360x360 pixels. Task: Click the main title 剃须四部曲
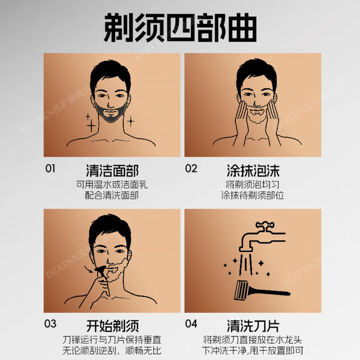[x=180, y=28]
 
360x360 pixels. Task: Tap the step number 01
[x=50, y=169]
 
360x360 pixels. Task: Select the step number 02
[x=191, y=169]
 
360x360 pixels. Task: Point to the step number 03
[x=50, y=324]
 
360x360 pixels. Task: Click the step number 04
[x=191, y=324]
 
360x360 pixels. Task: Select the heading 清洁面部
[x=112, y=171]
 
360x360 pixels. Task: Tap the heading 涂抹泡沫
[x=253, y=171]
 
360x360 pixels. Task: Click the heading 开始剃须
[x=112, y=325]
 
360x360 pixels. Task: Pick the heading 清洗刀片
[x=253, y=325]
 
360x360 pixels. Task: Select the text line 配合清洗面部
[x=112, y=196]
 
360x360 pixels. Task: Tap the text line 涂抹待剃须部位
[x=253, y=196]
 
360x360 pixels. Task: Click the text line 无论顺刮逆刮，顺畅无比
[x=112, y=351]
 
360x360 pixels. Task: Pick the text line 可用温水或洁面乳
[x=112, y=184]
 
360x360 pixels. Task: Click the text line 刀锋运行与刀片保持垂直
[x=112, y=339]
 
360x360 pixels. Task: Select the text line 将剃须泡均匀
[x=253, y=184]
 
